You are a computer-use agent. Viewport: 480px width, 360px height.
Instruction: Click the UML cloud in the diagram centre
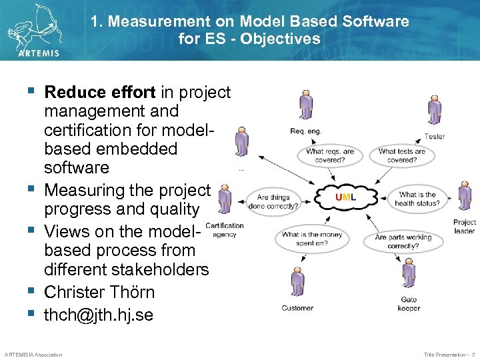346,197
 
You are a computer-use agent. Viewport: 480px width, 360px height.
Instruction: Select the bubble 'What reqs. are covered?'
330,156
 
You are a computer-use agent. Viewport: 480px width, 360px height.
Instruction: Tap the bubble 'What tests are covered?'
402,156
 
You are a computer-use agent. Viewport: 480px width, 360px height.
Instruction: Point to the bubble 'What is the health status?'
417,199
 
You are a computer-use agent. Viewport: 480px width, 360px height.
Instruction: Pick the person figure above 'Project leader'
465,197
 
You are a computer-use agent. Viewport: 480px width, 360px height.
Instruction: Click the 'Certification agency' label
225,230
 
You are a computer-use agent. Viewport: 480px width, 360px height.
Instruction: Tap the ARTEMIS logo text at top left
39,53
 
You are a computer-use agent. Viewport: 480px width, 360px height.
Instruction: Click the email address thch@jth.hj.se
99,315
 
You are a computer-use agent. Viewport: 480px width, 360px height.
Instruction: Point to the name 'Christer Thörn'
99,292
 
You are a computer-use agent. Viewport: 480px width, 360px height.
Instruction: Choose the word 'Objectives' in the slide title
281,39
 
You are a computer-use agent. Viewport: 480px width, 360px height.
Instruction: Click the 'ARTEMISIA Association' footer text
33,355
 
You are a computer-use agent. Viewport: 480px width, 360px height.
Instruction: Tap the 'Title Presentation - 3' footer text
449,355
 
